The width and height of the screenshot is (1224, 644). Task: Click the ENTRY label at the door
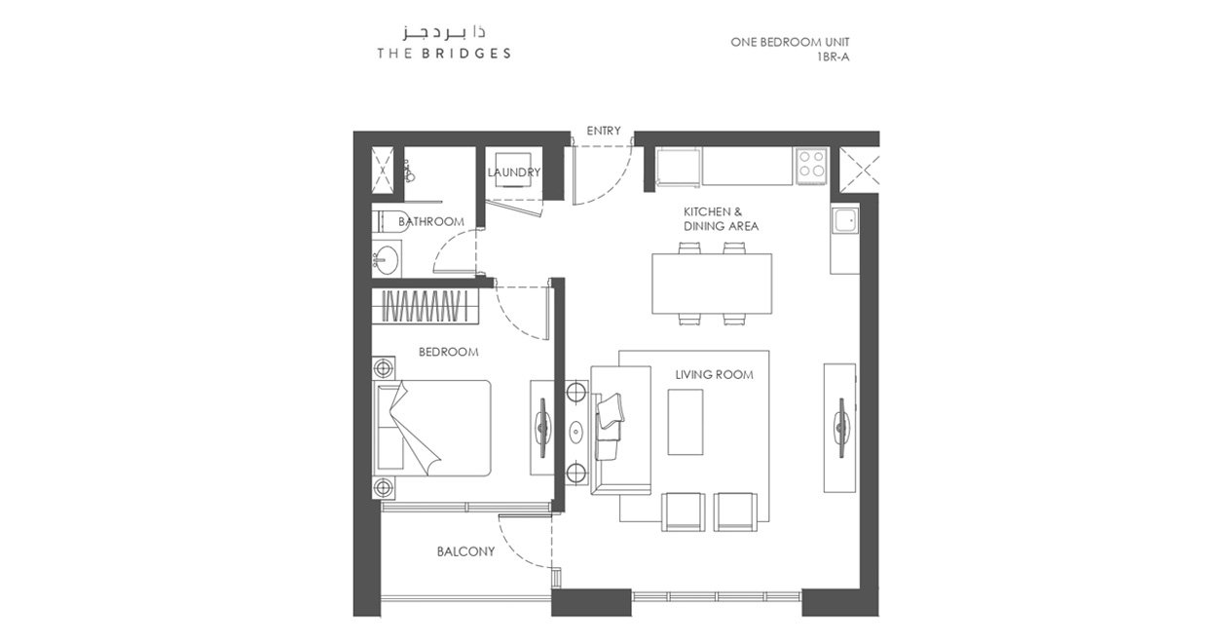click(604, 131)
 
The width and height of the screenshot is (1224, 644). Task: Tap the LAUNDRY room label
click(513, 172)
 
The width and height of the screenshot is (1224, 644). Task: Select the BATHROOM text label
click(431, 221)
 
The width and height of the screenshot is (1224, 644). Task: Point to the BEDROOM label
click(448, 352)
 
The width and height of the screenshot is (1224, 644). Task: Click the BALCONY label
click(465, 551)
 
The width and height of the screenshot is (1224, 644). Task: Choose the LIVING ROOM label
click(714, 374)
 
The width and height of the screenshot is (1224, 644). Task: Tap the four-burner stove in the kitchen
click(811, 165)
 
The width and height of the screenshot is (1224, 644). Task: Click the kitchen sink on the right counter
click(845, 221)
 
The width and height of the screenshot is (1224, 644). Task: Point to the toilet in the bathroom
click(390, 222)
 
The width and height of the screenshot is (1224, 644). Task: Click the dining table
click(712, 284)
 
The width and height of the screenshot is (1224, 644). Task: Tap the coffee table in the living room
click(686, 422)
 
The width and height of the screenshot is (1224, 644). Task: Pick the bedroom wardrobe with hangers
click(426, 307)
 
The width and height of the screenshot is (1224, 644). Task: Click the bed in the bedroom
click(431, 428)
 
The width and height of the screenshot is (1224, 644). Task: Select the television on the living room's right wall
click(841, 428)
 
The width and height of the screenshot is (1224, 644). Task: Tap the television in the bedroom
click(542, 428)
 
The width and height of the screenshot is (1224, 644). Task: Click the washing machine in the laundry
click(513, 170)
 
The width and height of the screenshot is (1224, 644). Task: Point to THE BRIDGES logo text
click(444, 54)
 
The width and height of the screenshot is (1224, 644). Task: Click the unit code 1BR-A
click(833, 57)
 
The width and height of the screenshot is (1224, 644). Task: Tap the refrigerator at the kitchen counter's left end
click(678, 167)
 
